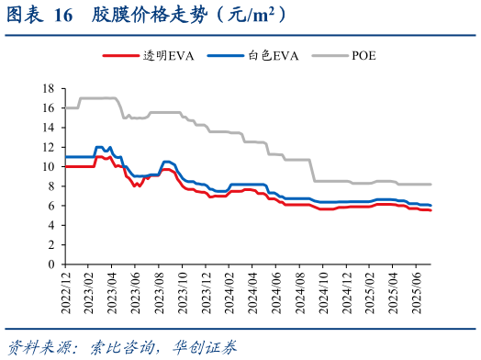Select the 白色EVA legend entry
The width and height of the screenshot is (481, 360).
tap(266, 55)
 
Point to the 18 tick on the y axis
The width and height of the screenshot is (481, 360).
tap(49, 88)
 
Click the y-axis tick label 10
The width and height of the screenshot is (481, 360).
tap(49, 166)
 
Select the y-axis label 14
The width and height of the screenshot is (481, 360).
tap(49, 128)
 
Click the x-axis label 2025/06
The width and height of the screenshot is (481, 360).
tap(418, 289)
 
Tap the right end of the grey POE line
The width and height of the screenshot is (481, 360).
tap(431, 184)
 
